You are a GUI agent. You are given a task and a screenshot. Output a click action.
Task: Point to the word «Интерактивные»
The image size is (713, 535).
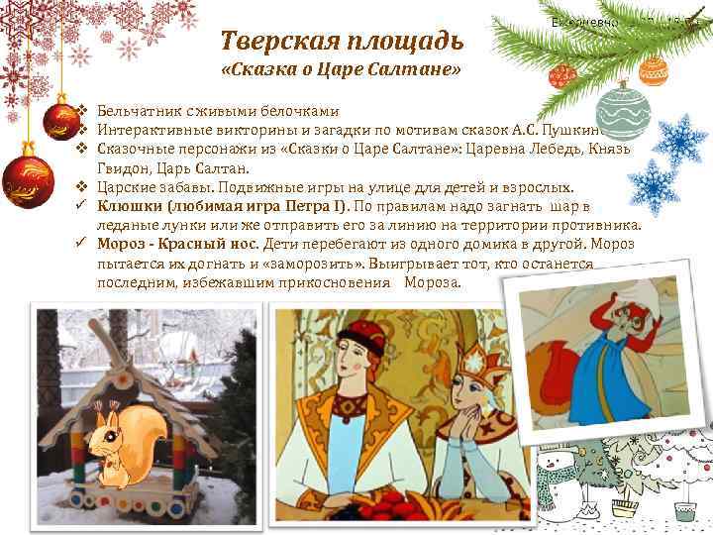(149, 130)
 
